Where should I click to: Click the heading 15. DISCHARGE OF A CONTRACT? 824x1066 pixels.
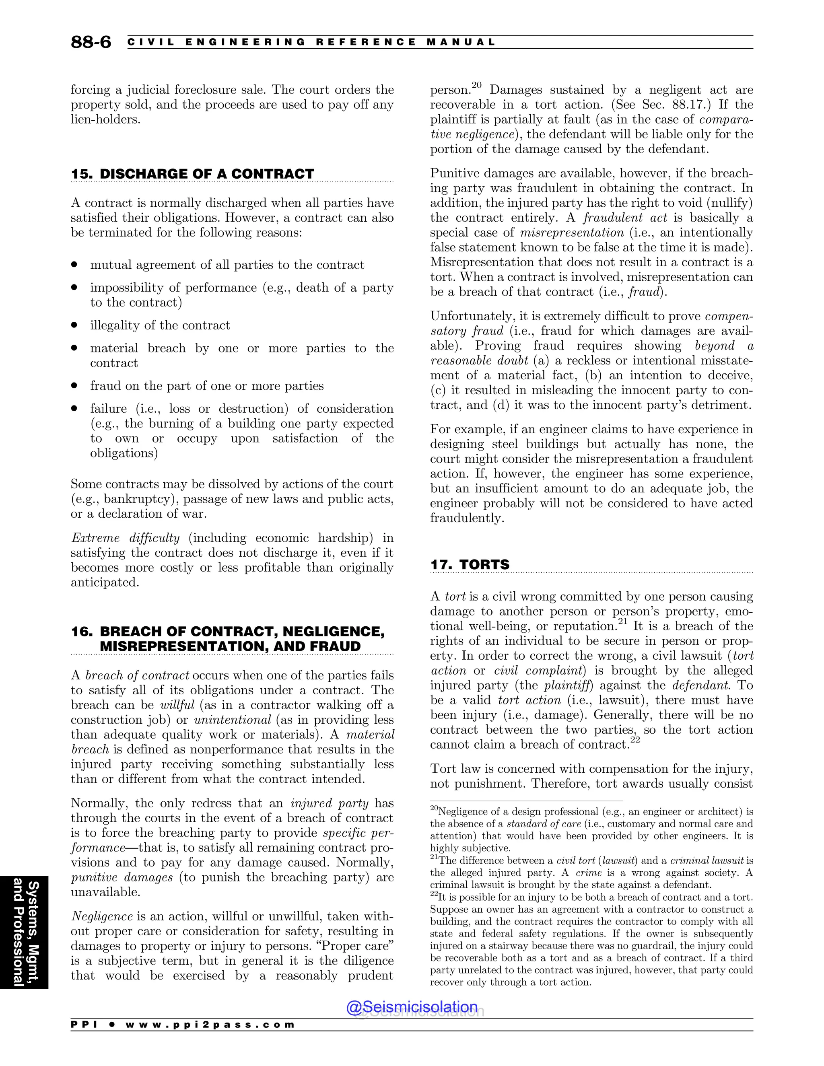pos(192,174)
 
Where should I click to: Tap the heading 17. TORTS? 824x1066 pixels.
pos(470,565)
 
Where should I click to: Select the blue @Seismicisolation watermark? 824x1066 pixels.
pos(412,1007)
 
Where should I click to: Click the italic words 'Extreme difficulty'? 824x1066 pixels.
pos(126,538)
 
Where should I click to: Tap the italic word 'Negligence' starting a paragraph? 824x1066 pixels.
pos(102,916)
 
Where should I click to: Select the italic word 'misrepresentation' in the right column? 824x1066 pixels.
pos(572,233)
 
